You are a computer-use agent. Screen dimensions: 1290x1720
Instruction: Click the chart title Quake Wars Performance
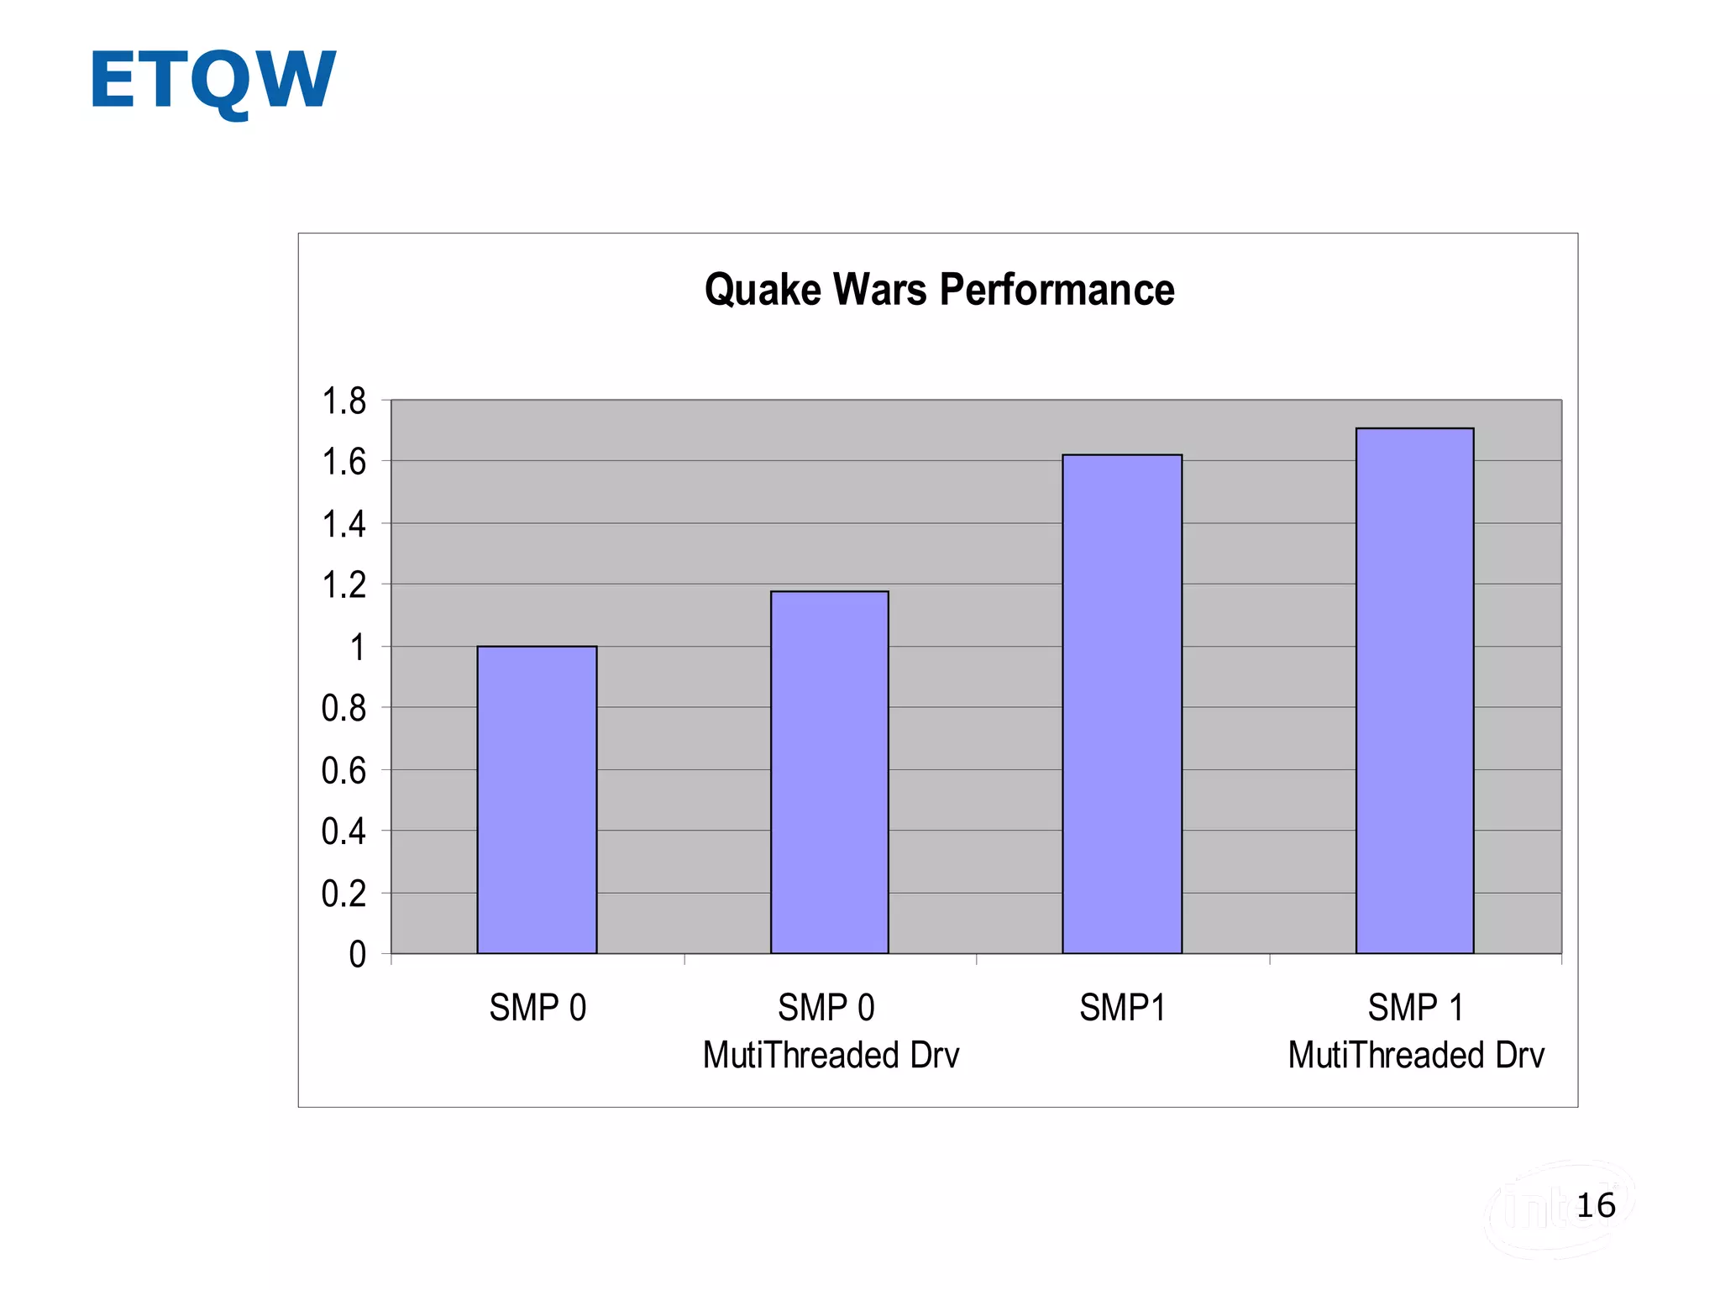click(x=939, y=290)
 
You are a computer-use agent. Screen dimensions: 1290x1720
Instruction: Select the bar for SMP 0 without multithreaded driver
click(x=537, y=800)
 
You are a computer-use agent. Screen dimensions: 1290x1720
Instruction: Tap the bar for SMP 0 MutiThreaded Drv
click(x=829, y=773)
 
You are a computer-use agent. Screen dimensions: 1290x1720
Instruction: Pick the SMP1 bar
click(x=1122, y=704)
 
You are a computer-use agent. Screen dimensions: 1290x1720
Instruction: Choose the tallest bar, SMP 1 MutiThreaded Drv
click(x=1414, y=690)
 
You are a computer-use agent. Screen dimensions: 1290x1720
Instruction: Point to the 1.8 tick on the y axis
click(x=344, y=401)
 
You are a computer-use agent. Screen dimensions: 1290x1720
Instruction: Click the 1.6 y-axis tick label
click(x=344, y=462)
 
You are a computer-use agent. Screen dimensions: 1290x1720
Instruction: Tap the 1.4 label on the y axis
click(x=344, y=524)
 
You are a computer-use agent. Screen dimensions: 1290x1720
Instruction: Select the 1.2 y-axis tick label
click(x=344, y=585)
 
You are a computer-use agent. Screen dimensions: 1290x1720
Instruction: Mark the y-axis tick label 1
click(x=358, y=648)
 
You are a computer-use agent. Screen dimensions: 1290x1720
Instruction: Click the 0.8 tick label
click(x=344, y=709)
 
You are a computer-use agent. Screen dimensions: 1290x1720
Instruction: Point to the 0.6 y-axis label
click(x=344, y=770)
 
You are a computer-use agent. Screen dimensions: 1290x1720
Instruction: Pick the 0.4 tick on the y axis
click(x=344, y=831)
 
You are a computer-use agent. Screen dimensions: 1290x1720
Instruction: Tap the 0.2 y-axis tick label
click(x=344, y=894)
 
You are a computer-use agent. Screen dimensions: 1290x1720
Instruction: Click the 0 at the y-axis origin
click(x=358, y=955)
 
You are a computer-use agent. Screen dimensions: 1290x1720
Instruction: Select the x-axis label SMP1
click(x=1122, y=1008)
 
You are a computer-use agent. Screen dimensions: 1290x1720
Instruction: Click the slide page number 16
click(x=1596, y=1206)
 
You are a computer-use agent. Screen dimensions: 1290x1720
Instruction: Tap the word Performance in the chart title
click(x=1057, y=290)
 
